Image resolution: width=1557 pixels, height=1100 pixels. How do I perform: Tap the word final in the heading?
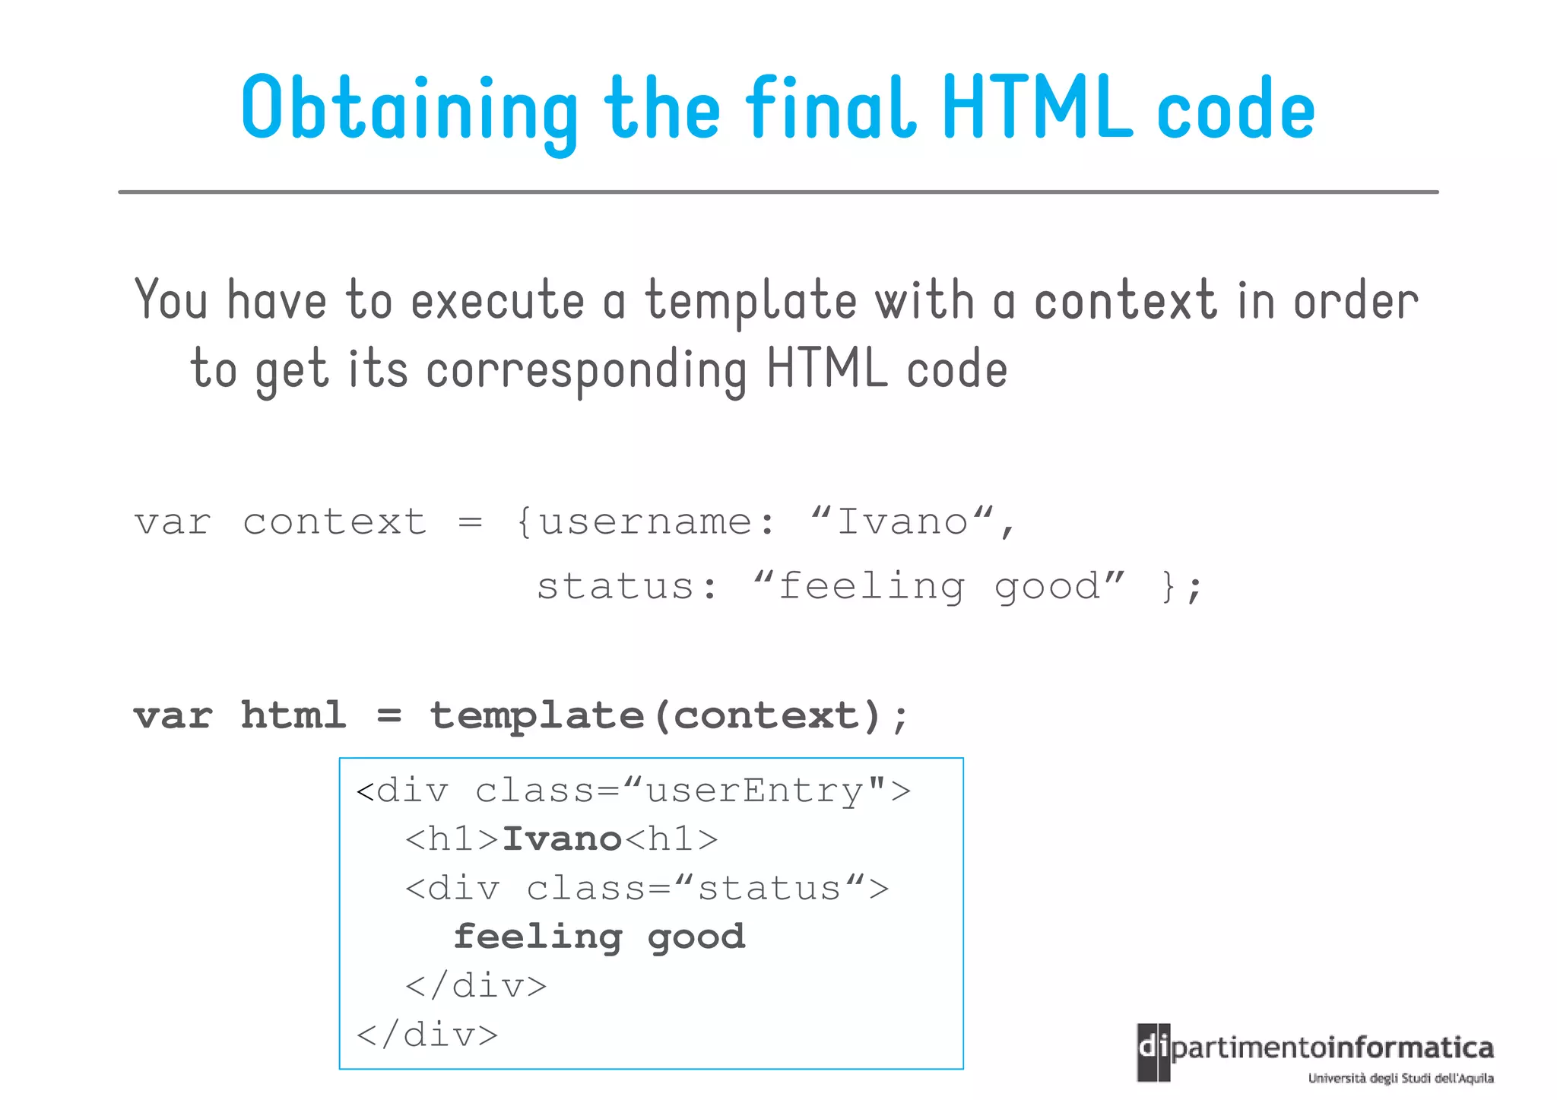[829, 108]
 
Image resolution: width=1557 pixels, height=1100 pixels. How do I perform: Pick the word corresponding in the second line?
[586, 370]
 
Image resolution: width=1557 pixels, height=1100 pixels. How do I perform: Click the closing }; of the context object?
[1181, 587]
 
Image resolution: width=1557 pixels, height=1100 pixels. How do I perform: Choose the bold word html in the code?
[293, 715]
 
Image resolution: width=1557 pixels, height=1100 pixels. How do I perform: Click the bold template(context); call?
[669, 716]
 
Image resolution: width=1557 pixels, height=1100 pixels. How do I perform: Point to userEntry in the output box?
[754, 791]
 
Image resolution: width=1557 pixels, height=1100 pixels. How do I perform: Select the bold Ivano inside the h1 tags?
[563, 839]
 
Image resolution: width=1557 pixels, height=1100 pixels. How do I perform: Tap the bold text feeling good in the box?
[599, 937]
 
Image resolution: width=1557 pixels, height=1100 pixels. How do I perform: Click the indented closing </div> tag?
[476, 986]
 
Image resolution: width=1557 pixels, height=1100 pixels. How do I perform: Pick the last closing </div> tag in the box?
[427, 1035]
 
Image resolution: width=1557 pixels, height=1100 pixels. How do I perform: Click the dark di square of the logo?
[1153, 1051]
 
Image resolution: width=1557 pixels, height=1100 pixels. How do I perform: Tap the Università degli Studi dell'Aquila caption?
[1400, 1078]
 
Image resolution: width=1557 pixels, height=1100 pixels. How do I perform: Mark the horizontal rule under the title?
[778, 192]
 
